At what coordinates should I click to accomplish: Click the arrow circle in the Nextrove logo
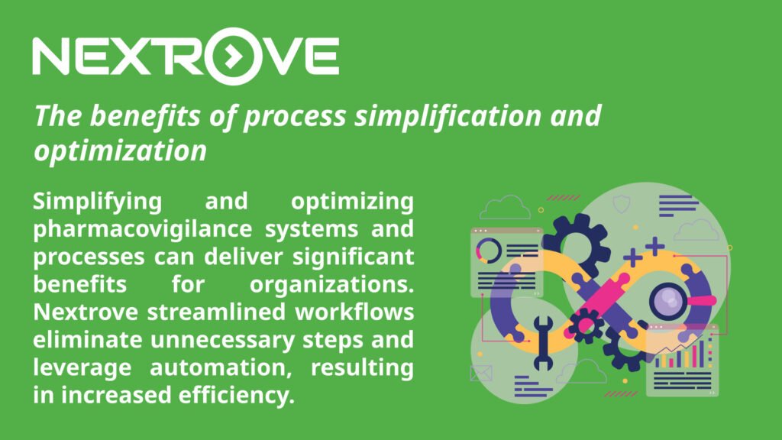click(232, 56)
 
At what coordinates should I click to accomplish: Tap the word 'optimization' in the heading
click(120, 150)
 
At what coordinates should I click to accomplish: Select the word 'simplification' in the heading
click(448, 116)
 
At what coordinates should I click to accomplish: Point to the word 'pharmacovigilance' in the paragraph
click(143, 229)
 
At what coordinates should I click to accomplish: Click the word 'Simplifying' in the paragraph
click(97, 202)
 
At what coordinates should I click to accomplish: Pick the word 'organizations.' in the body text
click(331, 284)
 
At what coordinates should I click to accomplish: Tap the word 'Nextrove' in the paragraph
click(86, 312)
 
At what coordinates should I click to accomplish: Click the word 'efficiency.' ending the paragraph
click(237, 395)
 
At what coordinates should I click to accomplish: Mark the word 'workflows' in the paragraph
click(354, 312)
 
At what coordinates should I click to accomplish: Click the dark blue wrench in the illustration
click(543, 343)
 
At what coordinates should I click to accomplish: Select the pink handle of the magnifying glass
click(701, 301)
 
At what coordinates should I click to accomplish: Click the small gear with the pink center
click(586, 325)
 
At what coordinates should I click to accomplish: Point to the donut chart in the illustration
click(489, 251)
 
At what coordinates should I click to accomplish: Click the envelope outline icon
click(481, 373)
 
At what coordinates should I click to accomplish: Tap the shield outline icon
click(622, 204)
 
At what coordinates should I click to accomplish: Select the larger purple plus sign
click(654, 246)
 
